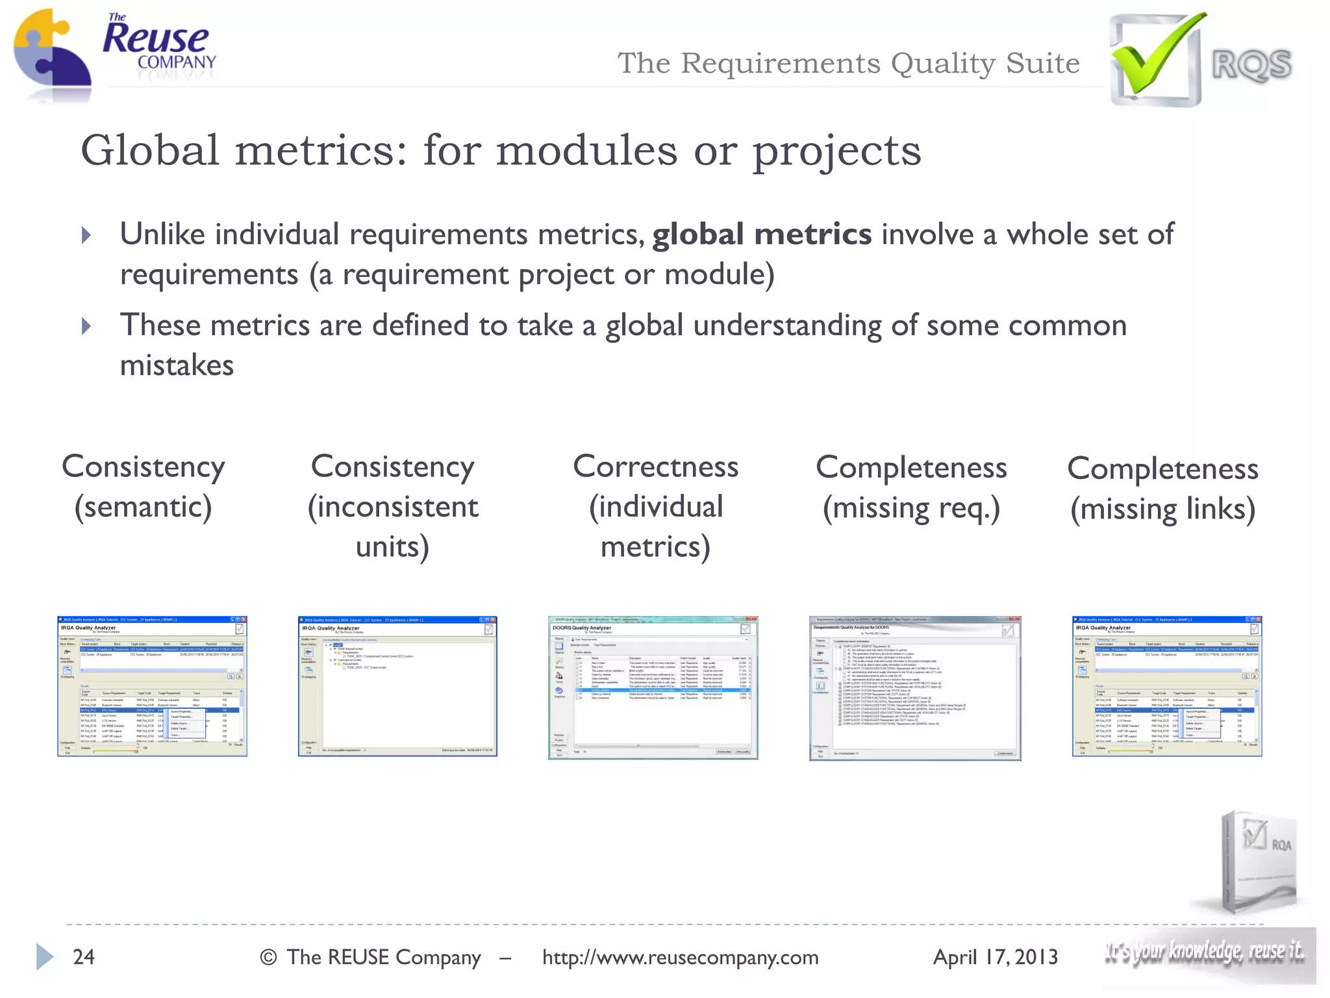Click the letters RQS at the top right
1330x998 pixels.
pyautogui.click(x=1251, y=65)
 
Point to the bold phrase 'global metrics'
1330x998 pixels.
pyautogui.click(x=762, y=235)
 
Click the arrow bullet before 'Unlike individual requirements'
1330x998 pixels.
pyautogui.click(x=87, y=235)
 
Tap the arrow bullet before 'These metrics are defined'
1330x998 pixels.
pyautogui.click(x=87, y=326)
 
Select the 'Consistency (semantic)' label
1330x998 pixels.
pyautogui.click(x=144, y=487)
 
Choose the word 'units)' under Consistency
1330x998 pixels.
pyautogui.click(x=392, y=547)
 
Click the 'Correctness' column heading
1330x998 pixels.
pyautogui.click(x=655, y=467)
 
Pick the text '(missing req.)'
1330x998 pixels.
pyautogui.click(x=911, y=508)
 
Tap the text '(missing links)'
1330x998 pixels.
pyautogui.click(x=1162, y=509)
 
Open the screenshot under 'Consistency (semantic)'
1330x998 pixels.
pyautogui.click(x=152, y=686)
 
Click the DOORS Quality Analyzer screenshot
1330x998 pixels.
pyautogui.click(x=653, y=687)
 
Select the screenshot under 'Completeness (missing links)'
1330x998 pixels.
pyautogui.click(x=1167, y=686)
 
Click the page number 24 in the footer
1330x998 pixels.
pyautogui.click(x=84, y=957)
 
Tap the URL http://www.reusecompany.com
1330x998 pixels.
pyautogui.click(x=680, y=957)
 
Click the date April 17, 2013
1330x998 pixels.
pyautogui.click(x=995, y=957)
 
